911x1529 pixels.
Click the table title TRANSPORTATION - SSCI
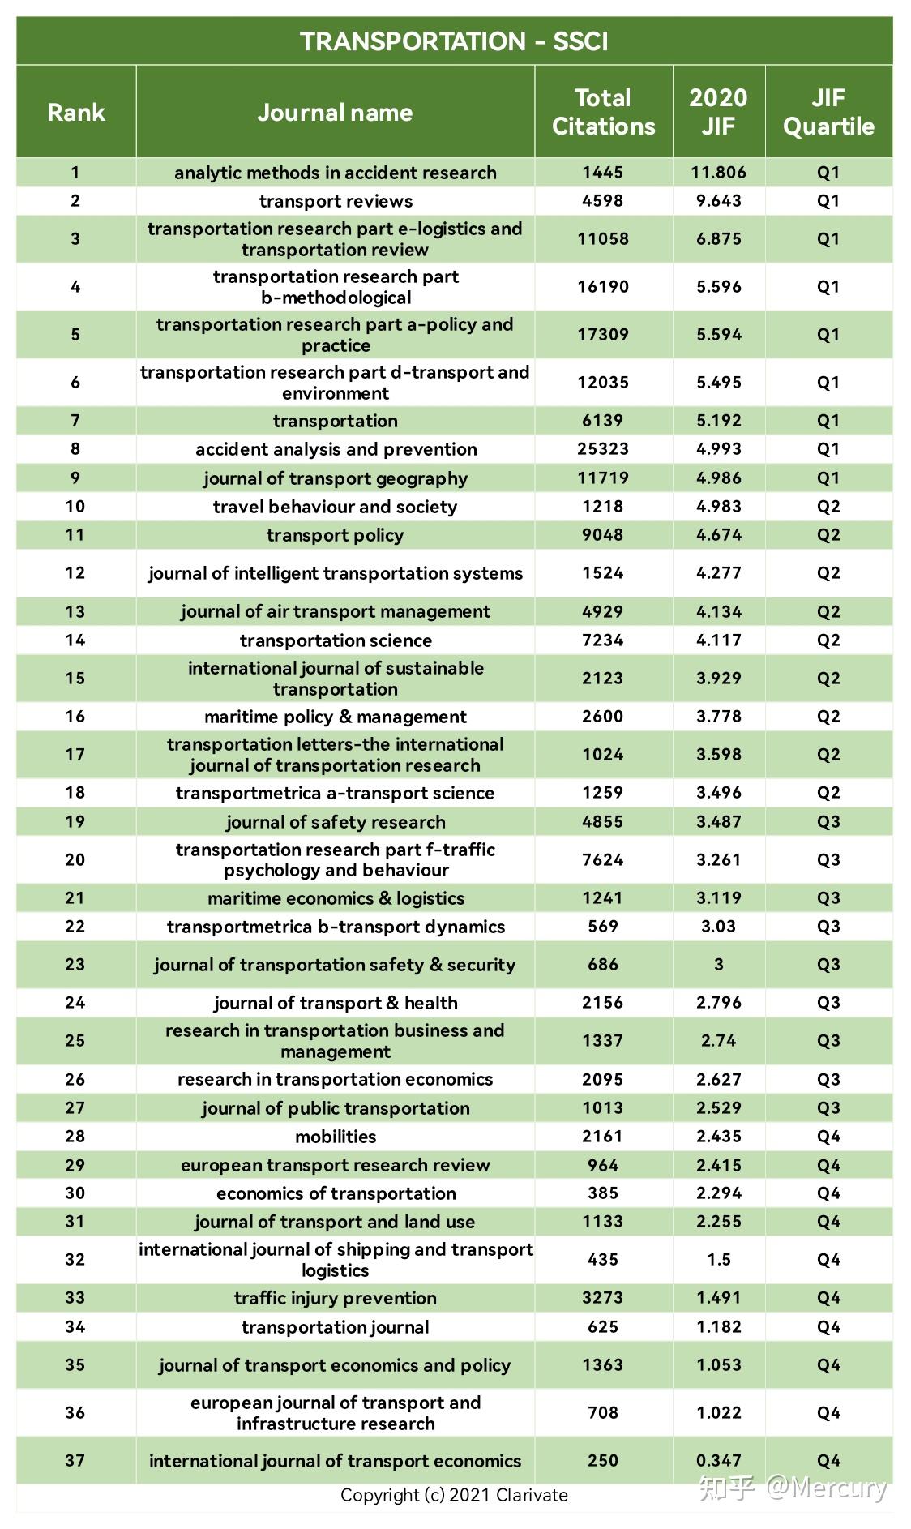click(x=454, y=41)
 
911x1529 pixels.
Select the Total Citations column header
click(x=603, y=112)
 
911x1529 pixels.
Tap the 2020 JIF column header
click(x=718, y=112)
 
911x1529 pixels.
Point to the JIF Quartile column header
click(x=828, y=112)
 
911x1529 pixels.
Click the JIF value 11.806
click(x=718, y=173)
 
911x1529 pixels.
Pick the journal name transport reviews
click(x=336, y=201)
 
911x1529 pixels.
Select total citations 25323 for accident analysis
click(x=603, y=449)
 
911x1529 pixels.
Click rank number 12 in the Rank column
click(x=75, y=573)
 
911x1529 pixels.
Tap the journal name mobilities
click(x=336, y=1137)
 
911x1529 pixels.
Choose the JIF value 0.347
click(x=718, y=1461)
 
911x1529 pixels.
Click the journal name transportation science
click(x=336, y=640)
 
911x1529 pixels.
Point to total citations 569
click(x=603, y=927)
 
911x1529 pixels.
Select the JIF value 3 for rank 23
click(x=718, y=965)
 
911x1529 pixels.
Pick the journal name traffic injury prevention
click(x=336, y=1298)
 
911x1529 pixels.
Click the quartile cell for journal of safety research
click(x=828, y=822)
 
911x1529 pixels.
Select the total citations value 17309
click(x=603, y=334)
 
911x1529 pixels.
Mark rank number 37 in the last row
click(x=75, y=1461)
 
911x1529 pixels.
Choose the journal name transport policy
click(x=336, y=535)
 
